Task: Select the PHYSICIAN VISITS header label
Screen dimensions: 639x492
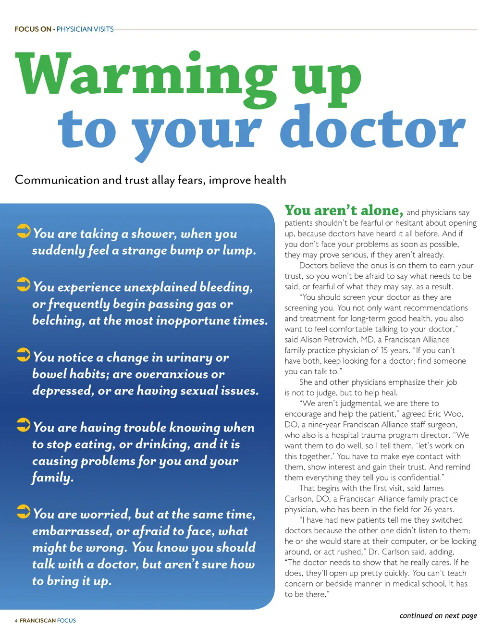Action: [x=85, y=29]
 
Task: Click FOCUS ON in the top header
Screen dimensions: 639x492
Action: [x=33, y=29]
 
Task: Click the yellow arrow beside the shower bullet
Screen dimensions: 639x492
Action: [x=24, y=231]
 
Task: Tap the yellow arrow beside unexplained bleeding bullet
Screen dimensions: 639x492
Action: [x=24, y=284]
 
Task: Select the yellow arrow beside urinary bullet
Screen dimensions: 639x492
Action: [x=24, y=355]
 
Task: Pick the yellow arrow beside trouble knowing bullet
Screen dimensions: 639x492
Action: [x=24, y=425]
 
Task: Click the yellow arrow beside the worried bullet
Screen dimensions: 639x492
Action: [x=24, y=511]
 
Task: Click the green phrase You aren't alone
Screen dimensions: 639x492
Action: [x=344, y=210]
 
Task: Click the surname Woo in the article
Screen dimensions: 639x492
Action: [x=453, y=414]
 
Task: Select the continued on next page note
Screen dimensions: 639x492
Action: [x=438, y=615]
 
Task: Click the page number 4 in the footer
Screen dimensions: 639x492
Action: [x=16, y=621]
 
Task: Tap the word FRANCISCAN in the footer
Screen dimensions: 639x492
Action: [x=37, y=621]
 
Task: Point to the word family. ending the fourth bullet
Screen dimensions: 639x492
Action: [x=53, y=478]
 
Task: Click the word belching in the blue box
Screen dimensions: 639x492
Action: [x=58, y=320]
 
